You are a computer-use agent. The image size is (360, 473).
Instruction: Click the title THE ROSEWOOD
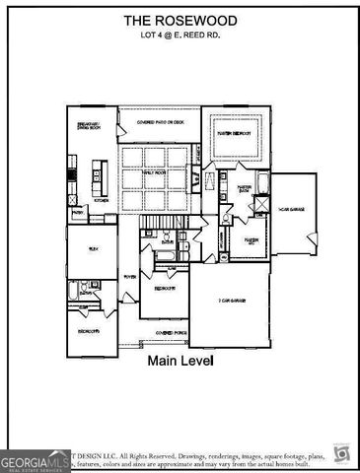(180, 20)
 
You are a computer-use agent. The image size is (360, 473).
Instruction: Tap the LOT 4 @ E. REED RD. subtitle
(180, 35)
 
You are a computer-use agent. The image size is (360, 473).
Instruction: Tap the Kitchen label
(101, 199)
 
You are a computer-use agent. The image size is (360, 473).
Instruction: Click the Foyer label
(128, 278)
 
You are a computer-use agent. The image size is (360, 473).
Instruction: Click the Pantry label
(76, 212)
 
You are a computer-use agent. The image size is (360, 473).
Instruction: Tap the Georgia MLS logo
(36, 460)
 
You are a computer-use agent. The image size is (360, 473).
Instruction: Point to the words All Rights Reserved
(154, 456)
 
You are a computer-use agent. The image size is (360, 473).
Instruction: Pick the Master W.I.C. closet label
(252, 239)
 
